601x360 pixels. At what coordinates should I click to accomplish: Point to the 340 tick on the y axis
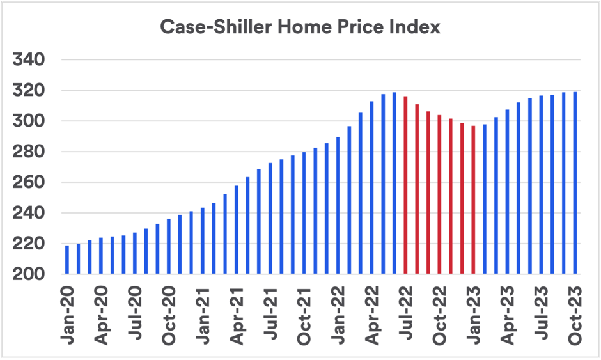point(30,60)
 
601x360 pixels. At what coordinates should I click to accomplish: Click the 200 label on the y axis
point(30,274)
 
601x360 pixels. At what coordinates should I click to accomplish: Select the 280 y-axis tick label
point(30,152)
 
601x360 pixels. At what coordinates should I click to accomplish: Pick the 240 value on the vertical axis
point(30,213)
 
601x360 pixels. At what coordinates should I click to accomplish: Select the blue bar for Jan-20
point(67,260)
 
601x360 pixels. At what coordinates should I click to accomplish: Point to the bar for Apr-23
point(508,192)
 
